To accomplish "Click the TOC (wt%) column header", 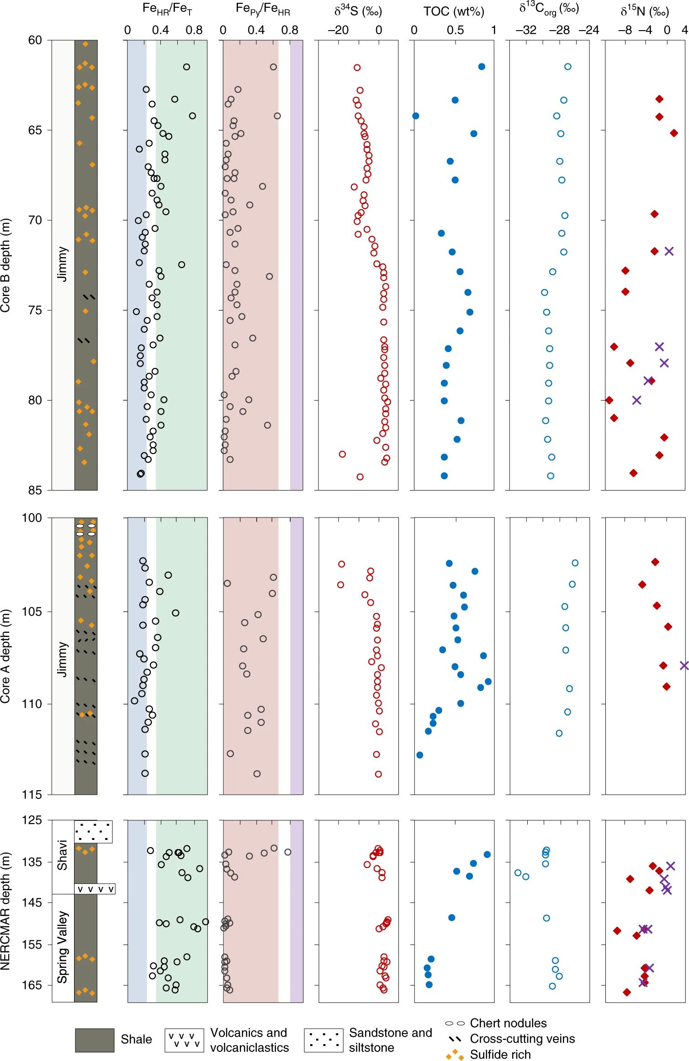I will (x=453, y=11).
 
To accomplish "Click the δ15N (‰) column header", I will (x=644, y=11).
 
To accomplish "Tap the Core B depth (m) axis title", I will (x=5, y=265).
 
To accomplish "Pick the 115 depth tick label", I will (x=32, y=795).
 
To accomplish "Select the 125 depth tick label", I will (x=32, y=820).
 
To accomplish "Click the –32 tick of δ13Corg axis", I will (x=526, y=30).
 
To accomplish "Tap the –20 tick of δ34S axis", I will (x=338, y=30).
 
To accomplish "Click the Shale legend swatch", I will (x=95, y=1040).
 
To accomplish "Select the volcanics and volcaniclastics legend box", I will (x=184, y=1040).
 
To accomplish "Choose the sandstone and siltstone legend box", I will (x=323, y=1040).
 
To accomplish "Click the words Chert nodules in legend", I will (x=508, y=1023).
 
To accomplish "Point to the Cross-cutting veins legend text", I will (x=522, y=1039).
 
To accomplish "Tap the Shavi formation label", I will (x=63, y=855).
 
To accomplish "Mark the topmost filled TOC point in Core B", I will (x=482, y=67).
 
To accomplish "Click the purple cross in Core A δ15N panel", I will (x=684, y=665).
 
